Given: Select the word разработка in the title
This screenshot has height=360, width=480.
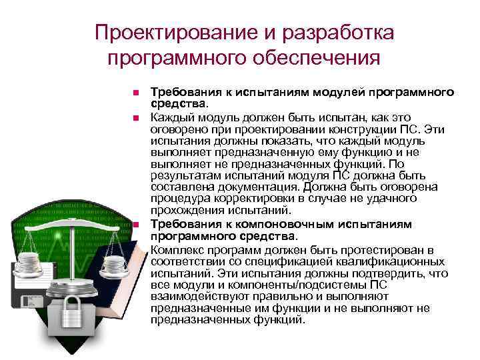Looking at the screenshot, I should click(x=337, y=32).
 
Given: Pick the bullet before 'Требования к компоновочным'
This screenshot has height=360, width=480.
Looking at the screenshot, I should click(x=135, y=226).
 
